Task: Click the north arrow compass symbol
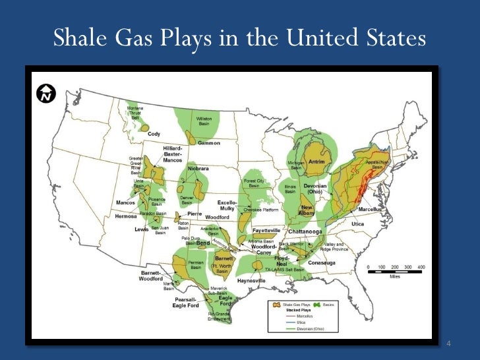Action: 46,94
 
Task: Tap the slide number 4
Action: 449,344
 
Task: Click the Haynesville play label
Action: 251,280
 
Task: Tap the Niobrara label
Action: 198,168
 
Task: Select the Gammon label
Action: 209,143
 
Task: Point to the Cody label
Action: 154,134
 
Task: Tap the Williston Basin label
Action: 204,121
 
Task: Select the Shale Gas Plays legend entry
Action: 294,305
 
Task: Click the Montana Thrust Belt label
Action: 135,113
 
